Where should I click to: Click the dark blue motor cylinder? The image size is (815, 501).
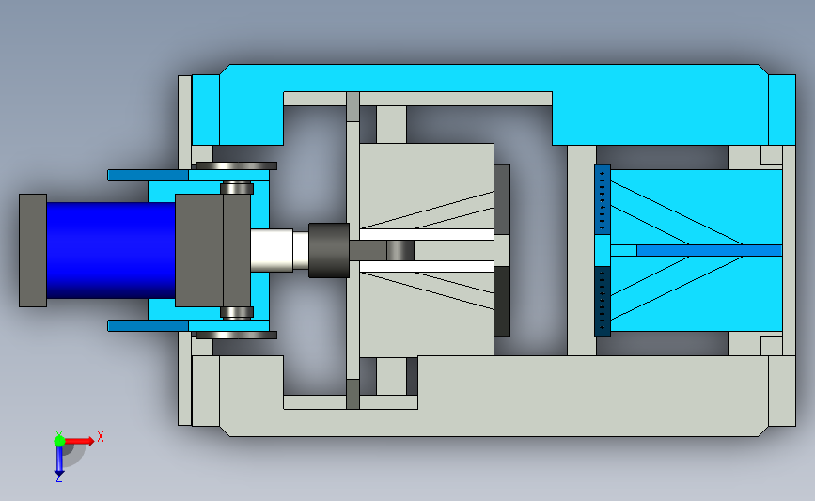[x=111, y=250]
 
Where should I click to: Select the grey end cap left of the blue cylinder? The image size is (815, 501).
[x=33, y=250]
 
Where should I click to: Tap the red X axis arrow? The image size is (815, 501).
[x=78, y=441]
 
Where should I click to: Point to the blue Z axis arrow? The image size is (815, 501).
[x=59, y=461]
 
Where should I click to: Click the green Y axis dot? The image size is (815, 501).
[x=59, y=441]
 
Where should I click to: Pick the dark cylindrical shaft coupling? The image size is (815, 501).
[x=329, y=250]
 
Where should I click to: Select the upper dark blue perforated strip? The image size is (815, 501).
[x=603, y=200]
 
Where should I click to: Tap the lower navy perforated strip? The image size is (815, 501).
[x=603, y=301]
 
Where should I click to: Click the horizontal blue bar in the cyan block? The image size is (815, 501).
[x=710, y=250]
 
